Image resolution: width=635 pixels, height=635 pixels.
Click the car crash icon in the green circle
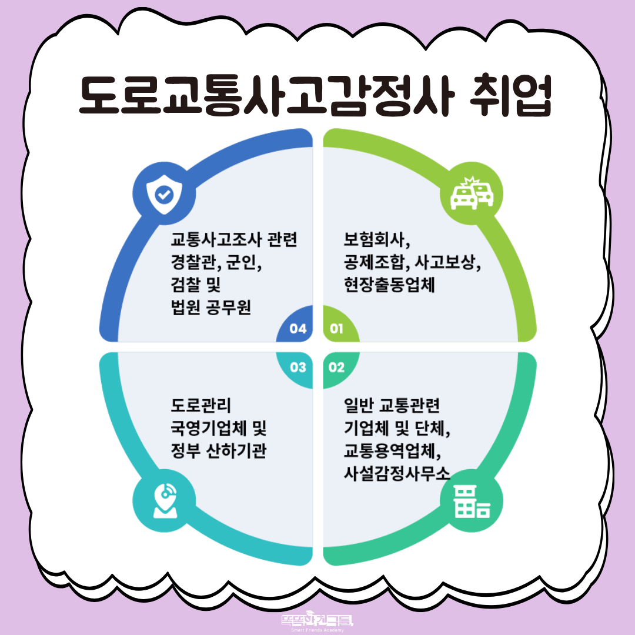point(472,193)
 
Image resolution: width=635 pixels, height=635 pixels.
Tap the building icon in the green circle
point(472,502)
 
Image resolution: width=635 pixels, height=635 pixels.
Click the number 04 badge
point(298,329)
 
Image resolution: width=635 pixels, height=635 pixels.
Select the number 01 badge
point(336,329)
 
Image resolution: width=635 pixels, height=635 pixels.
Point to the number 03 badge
point(298,367)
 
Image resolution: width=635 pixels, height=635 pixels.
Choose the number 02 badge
point(336,367)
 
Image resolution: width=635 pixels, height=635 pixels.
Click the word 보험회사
point(374,239)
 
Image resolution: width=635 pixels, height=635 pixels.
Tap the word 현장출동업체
point(389,285)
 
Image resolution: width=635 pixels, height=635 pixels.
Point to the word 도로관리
point(201,405)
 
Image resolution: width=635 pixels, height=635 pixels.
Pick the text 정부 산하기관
point(219,450)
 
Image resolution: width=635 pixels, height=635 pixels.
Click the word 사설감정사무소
point(397,473)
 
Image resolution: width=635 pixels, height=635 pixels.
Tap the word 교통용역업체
point(389,450)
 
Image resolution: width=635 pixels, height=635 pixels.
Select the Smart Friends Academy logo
point(317,623)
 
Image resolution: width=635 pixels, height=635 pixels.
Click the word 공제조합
point(374,262)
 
